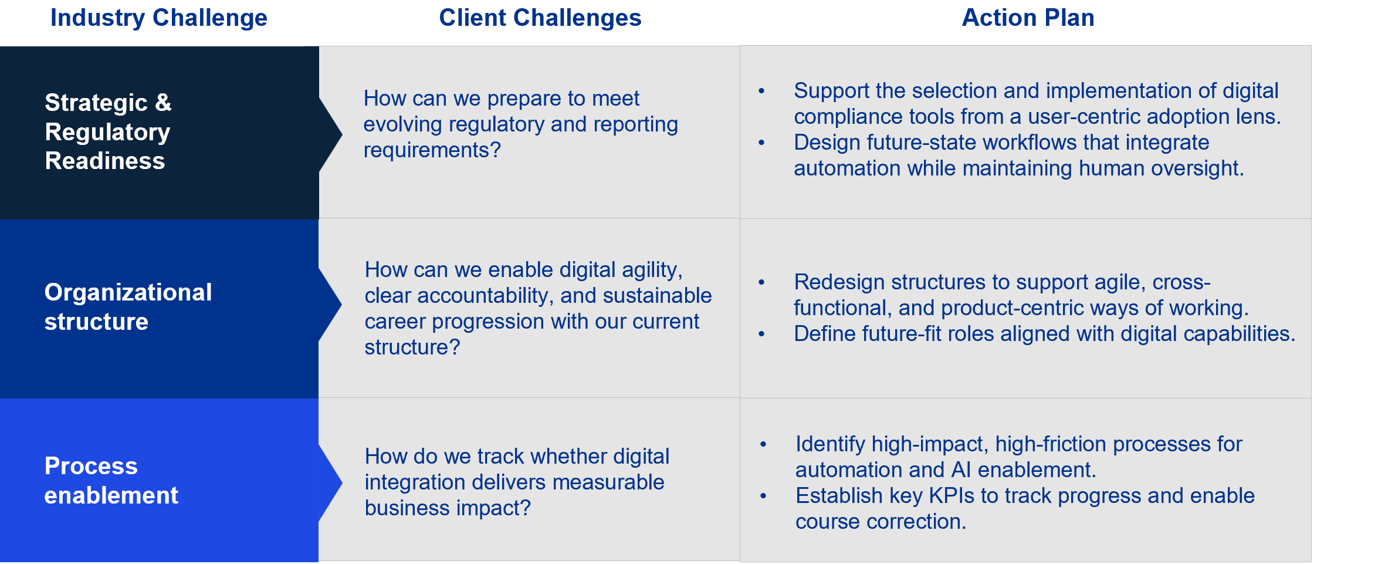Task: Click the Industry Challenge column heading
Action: tap(159, 18)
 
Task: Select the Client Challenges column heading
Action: tap(540, 18)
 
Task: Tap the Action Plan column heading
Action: tap(1028, 18)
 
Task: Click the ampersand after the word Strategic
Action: tap(163, 103)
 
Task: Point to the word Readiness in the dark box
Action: tap(105, 161)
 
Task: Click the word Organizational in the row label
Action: tap(128, 292)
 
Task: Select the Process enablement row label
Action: tap(111, 481)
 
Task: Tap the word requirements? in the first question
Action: tap(432, 150)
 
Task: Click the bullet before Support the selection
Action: tap(761, 91)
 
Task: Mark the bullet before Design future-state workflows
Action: tap(761, 143)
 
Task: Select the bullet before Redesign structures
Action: tap(761, 282)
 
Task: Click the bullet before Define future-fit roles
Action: tap(761, 334)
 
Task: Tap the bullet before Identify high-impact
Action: tap(763, 444)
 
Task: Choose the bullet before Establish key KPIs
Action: tap(763, 496)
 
